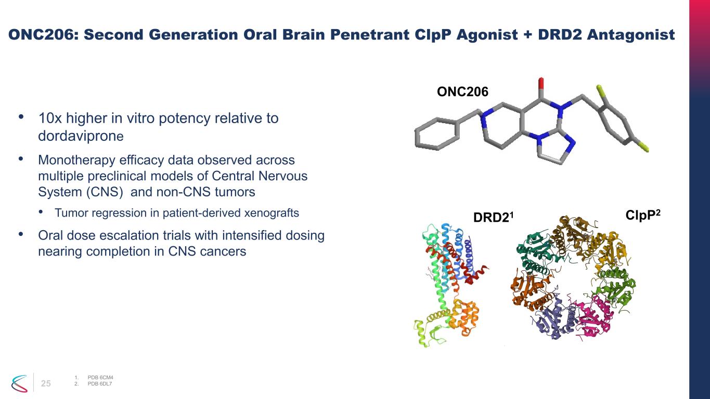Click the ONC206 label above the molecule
(462, 92)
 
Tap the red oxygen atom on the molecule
(541, 84)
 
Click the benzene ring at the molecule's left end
(437, 134)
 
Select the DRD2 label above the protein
(493, 217)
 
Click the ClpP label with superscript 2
(643, 215)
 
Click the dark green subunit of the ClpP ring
(536, 254)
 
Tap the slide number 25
(46, 383)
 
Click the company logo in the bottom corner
(19, 383)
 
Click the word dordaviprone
(81, 136)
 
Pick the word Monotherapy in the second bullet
(76, 160)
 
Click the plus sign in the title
(528, 35)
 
